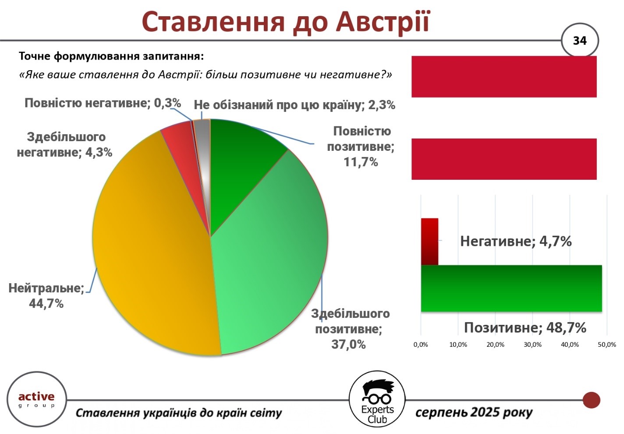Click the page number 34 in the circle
580,41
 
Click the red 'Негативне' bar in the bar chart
429,242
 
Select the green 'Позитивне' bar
511,288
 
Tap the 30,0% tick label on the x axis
532,345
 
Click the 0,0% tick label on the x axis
421,345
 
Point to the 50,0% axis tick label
607,345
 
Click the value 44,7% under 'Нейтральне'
46,303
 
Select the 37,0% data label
348,345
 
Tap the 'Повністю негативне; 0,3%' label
103,103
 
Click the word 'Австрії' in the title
383,22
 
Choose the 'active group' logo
36,399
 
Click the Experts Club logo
377,399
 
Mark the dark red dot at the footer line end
592,400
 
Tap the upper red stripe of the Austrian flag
504,77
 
